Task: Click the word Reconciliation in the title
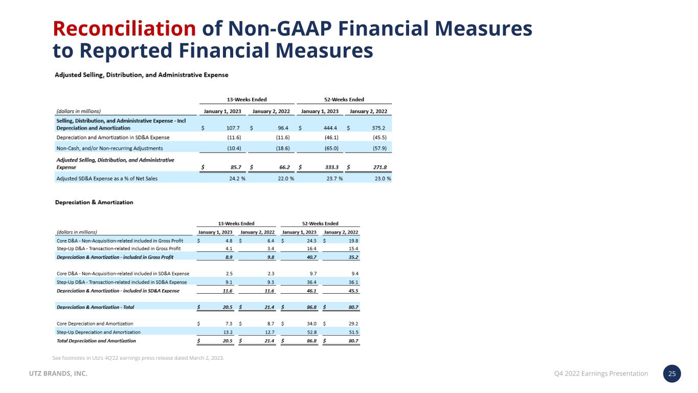(x=124, y=29)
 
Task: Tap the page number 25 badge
(x=672, y=374)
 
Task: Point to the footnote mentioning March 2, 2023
(x=138, y=357)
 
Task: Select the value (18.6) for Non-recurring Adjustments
(x=280, y=148)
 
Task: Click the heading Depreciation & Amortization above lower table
(x=94, y=202)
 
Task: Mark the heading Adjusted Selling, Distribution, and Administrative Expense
(x=142, y=75)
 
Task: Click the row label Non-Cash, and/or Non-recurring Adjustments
(x=109, y=148)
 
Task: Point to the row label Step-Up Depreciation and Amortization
(x=95, y=332)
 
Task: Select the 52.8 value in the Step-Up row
(x=310, y=332)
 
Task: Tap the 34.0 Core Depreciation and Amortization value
(x=310, y=323)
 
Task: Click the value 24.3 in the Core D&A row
(x=310, y=240)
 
